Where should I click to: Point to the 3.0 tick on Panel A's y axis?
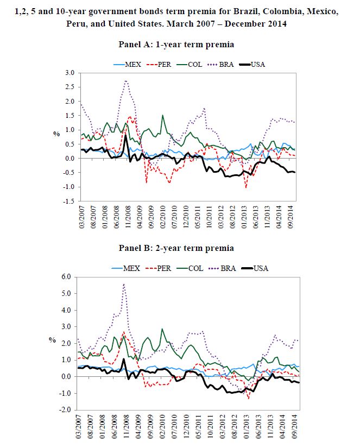(69, 73)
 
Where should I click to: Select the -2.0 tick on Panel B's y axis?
(68, 410)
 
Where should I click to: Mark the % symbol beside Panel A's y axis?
(55, 134)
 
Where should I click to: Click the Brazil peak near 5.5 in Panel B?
(124, 284)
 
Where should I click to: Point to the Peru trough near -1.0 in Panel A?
(246, 188)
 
